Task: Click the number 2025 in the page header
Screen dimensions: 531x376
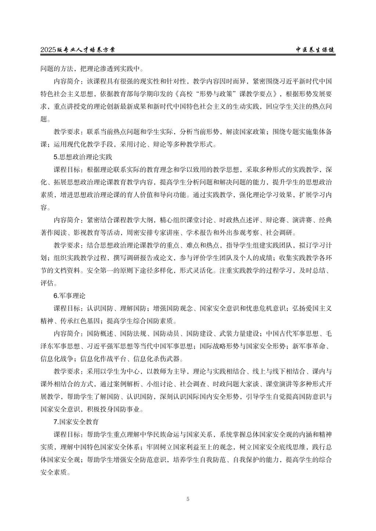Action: click(x=48, y=50)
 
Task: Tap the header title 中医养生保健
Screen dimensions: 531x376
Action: click(x=316, y=50)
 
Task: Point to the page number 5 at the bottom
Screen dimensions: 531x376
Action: click(x=188, y=499)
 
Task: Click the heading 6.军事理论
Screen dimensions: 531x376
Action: click(x=69, y=296)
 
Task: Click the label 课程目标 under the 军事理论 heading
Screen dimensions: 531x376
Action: click(x=67, y=308)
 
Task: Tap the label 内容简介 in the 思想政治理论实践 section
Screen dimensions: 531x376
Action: click(x=67, y=220)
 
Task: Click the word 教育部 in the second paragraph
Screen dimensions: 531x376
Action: click(x=126, y=94)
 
